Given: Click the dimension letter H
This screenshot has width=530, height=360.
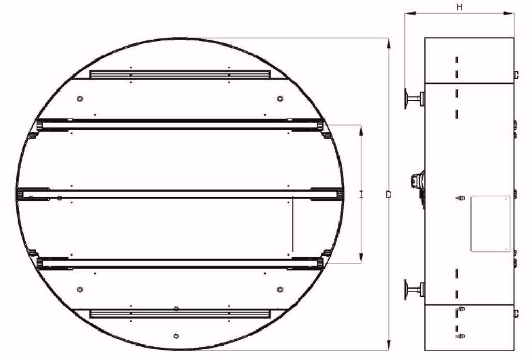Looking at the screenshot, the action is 460,6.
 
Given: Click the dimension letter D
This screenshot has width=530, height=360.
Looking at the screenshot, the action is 389,194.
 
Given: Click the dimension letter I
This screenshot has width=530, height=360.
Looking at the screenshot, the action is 361,194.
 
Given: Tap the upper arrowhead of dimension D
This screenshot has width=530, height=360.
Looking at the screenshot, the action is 389,43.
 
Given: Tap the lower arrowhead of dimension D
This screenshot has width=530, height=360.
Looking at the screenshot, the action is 389,345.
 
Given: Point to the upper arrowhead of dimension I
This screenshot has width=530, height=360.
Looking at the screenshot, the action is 361,130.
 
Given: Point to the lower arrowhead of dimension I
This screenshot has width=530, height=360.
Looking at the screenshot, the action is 361,258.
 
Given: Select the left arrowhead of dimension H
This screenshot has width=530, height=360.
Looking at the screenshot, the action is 410,13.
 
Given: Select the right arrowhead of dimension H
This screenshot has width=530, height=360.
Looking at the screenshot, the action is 509,13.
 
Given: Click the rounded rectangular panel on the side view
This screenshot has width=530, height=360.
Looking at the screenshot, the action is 491,223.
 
